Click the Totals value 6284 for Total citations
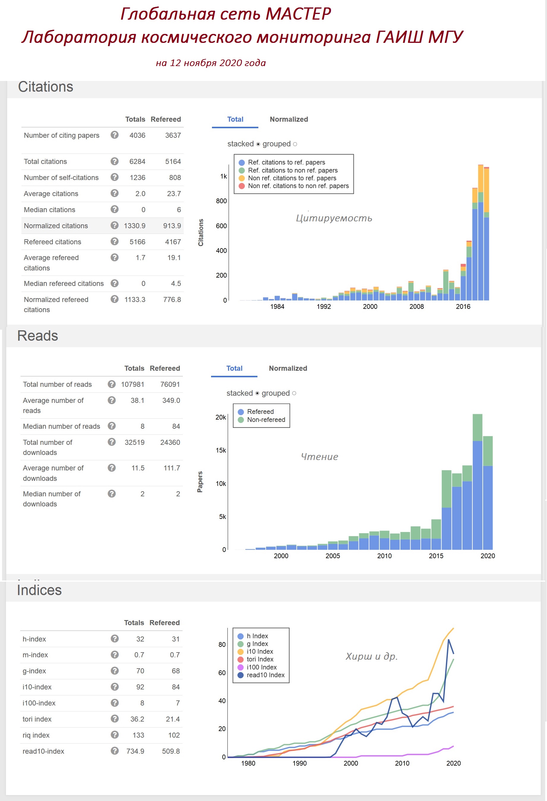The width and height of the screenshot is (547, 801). click(x=137, y=162)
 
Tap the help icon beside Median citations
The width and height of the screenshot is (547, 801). click(x=114, y=209)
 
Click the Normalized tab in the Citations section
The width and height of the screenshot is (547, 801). click(x=289, y=119)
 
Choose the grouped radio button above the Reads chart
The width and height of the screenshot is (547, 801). click(x=294, y=393)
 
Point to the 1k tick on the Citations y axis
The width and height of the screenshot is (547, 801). click(x=223, y=176)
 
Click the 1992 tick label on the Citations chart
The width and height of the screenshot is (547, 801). click(x=323, y=307)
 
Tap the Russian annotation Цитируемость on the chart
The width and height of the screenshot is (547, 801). click(x=334, y=218)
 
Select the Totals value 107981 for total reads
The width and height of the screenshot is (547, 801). click(x=132, y=384)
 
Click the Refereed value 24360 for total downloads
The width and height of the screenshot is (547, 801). click(x=170, y=442)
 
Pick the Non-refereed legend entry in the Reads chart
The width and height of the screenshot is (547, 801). click(x=266, y=420)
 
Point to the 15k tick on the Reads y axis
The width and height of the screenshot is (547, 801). click(x=221, y=450)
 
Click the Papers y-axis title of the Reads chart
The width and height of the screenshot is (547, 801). click(x=200, y=482)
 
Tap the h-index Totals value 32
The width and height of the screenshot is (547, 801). click(x=140, y=639)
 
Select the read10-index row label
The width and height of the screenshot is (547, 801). click(x=43, y=751)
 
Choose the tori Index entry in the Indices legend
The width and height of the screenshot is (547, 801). click(x=260, y=659)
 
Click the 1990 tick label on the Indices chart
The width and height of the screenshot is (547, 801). click(x=299, y=764)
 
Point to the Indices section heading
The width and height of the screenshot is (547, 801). click(x=39, y=590)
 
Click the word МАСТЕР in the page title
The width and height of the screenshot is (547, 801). click(x=298, y=14)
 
